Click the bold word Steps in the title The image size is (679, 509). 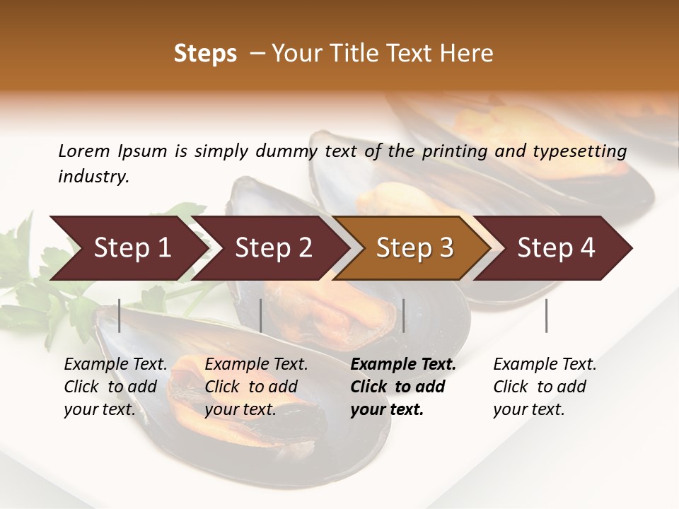point(205,54)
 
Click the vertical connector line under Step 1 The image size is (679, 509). point(120,315)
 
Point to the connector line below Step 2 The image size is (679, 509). point(261,315)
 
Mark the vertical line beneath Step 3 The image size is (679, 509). point(403,315)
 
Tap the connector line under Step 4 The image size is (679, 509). point(546,315)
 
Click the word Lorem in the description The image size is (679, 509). point(84,151)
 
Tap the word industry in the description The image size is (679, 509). point(93,177)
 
